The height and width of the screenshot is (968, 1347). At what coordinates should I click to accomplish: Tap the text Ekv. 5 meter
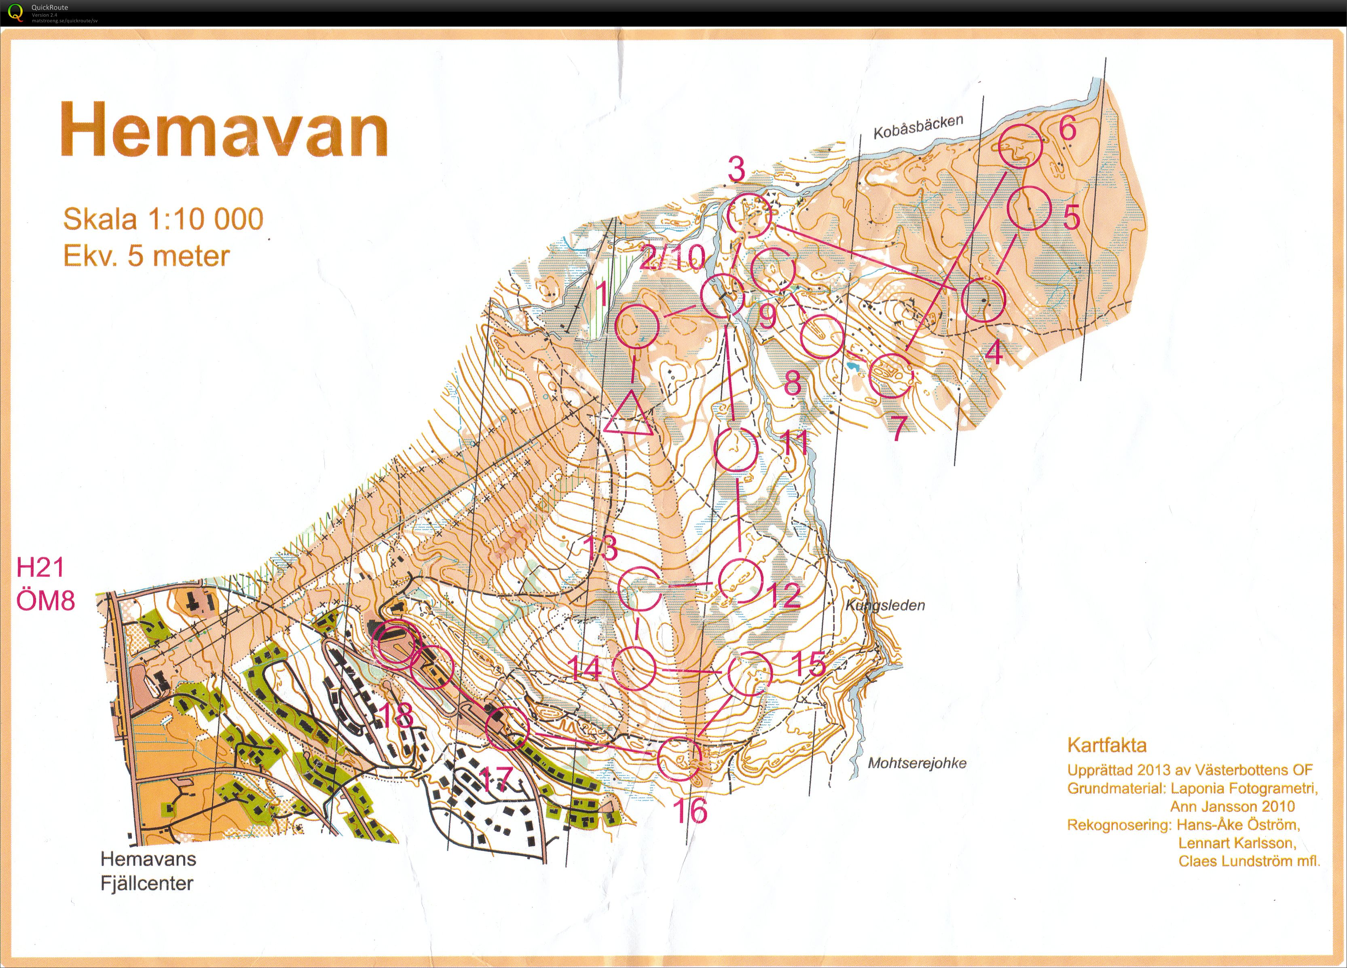coord(146,256)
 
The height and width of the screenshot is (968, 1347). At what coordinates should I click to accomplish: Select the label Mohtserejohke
coord(917,763)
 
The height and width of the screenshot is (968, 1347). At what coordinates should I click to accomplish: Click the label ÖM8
coord(45,601)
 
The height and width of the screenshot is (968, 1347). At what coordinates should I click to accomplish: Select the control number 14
coord(586,667)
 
